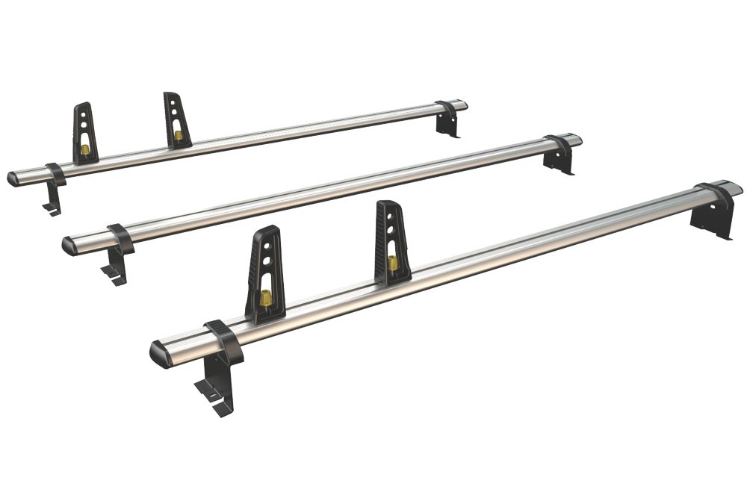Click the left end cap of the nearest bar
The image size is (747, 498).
(161, 353)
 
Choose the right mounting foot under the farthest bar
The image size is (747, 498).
(448, 125)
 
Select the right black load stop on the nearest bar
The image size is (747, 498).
(391, 243)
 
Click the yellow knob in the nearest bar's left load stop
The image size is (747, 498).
(264, 299)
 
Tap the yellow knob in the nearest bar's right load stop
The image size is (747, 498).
(392, 263)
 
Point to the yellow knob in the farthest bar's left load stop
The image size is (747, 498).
(85, 149)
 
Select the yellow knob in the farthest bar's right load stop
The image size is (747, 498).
(178, 135)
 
